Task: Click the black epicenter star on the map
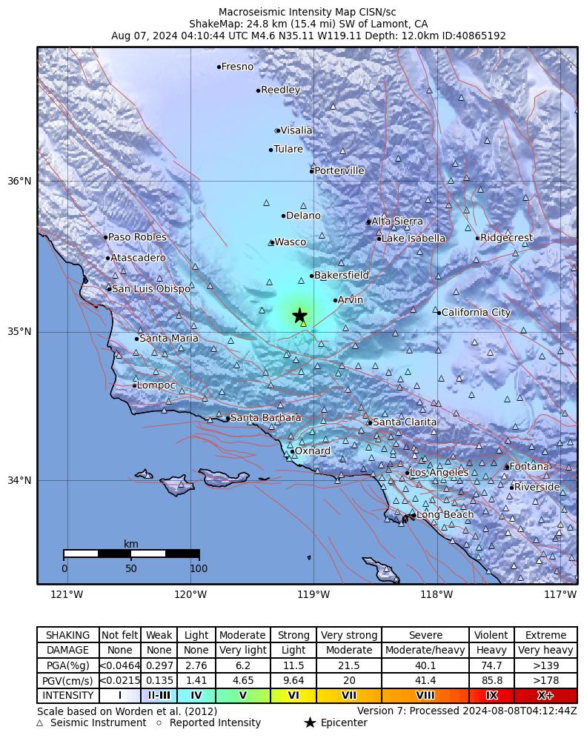coord(299,316)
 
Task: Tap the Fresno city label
coord(237,67)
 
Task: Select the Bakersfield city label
coord(341,276)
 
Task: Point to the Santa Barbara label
coord(265,418)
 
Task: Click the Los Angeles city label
coord(439,473)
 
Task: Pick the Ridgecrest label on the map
coord(506,238)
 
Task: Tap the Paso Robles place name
coord(137,237)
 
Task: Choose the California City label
coord(476,313)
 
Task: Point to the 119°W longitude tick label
coord(313,594)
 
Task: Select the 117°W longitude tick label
coord(560,594)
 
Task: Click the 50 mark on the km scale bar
coord(131,568)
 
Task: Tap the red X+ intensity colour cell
coord(545,696)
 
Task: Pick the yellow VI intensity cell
coord(293,696)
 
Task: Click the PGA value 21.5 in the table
coord(348,665)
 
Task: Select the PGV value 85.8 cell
coord(491,681)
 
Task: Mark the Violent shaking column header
coord(491,635)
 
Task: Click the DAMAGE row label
coord(68,651)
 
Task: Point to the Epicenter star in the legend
coord(310,723)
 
